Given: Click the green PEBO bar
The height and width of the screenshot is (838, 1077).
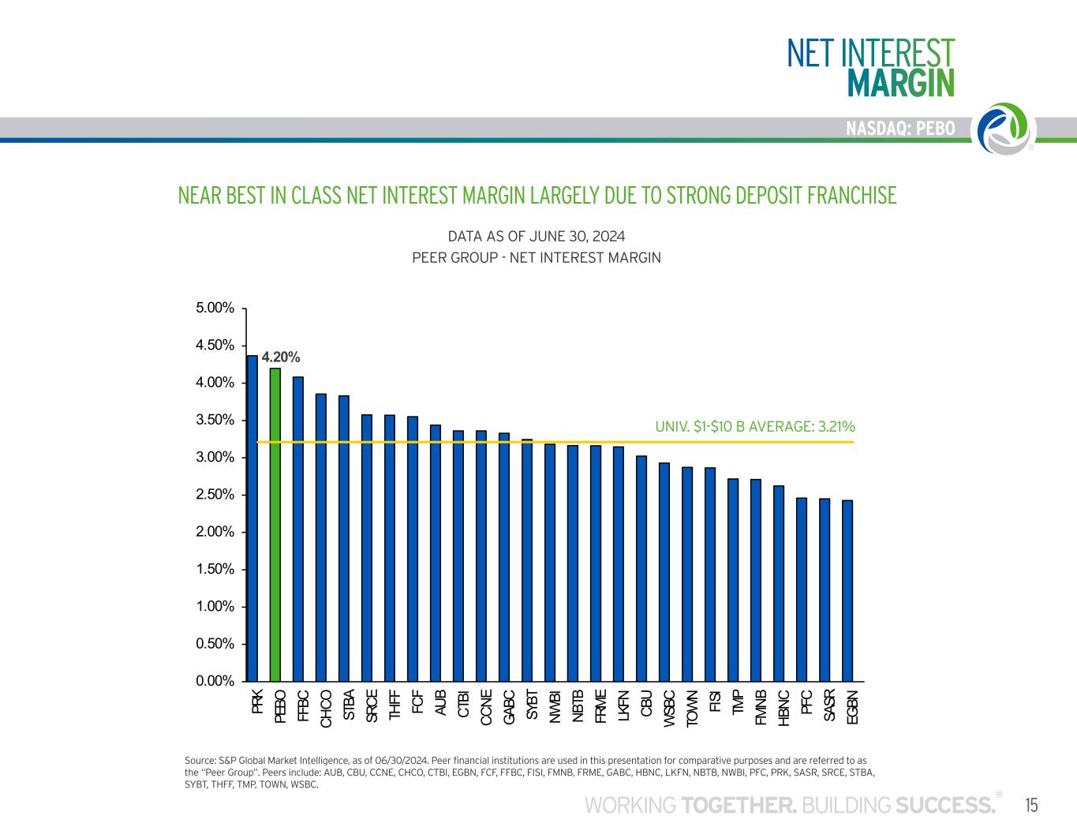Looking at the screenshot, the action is click(x=275, y=524).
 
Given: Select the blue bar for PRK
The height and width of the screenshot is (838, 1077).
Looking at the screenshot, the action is click(x=252, y=518).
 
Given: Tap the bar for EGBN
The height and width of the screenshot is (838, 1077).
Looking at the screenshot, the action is click(x=847, y=591).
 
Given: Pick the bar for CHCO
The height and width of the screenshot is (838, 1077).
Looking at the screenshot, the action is click(x=321, y=537).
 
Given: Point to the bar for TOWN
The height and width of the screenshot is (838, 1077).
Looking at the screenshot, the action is click(x=687, y=574).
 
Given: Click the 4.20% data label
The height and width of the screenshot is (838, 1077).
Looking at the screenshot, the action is click(x=281, y=357).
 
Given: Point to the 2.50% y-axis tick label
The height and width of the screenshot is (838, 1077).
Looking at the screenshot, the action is click(x=215, y=494).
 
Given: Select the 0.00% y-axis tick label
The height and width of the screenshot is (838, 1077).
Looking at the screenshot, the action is click(x=215, y=681).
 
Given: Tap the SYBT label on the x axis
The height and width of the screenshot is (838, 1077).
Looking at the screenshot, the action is click(x=531, y=704).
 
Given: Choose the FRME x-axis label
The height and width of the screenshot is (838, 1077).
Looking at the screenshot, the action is click(x=600, y=707).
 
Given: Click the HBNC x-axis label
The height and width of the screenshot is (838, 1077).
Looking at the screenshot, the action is click(x=783, y=708).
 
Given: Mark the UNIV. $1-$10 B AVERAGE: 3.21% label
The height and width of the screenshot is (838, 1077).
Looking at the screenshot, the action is click(x=755, y=426).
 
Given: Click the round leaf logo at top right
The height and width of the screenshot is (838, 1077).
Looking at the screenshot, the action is click(x=1006, y=129).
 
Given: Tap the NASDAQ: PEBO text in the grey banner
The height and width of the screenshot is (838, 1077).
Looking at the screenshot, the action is click(x=900, y=129).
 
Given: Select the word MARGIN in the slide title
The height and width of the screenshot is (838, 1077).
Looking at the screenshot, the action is click(x=901, y=83).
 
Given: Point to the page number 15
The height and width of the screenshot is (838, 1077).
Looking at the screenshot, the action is click(x=1031, y=806).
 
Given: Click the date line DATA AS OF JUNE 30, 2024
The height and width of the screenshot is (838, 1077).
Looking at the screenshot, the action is click(x=537, y=237).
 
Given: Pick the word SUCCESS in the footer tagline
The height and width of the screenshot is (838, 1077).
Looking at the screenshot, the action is click(x=945, y=806).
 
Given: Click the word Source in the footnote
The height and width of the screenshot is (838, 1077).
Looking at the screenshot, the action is click(x=200, y=761).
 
